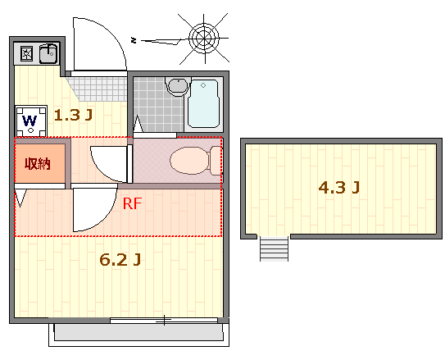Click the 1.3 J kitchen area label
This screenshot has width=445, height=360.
(x=73, y=115)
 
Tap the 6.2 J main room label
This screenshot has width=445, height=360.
(x=120, y=259)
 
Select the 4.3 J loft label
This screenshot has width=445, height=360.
(x=338, y=188)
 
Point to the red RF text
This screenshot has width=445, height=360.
(x=132, y=203)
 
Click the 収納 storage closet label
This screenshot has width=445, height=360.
(x=38, y=163)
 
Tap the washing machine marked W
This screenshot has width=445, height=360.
(x=31, y=122)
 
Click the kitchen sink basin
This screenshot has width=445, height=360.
(x=48, y=53)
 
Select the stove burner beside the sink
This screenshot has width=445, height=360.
(x=28, y=53)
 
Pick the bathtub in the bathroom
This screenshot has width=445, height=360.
(x=203, y=103)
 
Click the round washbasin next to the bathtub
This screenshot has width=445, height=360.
(x=178, y=85)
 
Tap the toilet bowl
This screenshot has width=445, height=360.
(x=196, y=161)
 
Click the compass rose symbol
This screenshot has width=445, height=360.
(x=204, y=38)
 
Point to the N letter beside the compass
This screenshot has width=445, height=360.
(x=134, y=41)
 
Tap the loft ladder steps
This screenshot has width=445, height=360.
(x=275, y=248)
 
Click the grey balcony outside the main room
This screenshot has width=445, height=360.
(x=138, y=332)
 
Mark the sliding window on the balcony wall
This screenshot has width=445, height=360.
(x=164, y=321)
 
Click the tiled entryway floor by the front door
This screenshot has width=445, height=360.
(x=98, y=89)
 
